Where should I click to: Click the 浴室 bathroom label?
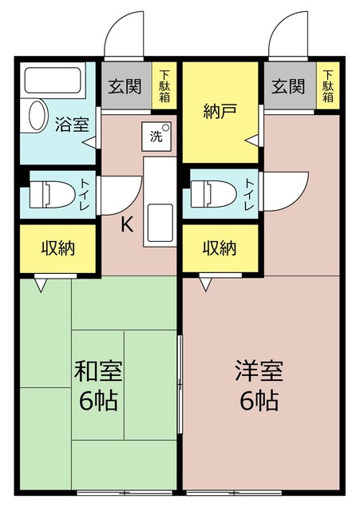pos(71,124)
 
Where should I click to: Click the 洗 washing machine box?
pos(155,135)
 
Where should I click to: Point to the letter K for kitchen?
pos(126,224)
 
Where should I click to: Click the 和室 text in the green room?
pos(98,371)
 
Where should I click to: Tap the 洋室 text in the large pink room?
pos(259,371)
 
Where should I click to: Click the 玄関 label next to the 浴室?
pos(126,85)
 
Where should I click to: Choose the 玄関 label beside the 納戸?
pos(287,85)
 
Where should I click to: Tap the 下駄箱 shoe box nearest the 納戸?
pos(327,85)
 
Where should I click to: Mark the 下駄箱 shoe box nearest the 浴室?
pos(164,85)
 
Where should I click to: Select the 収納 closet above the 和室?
pos(58,248)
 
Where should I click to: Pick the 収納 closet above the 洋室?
pos(220,248)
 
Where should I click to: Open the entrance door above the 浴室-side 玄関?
pos(123,36)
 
